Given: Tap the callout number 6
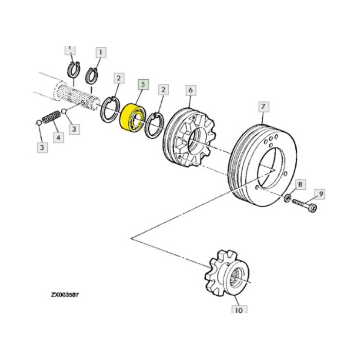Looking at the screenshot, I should coord(190,91).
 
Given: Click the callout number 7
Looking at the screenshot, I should coord(262,107).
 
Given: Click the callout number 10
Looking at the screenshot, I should coord(239,310).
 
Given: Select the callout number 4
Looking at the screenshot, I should coord(58,138).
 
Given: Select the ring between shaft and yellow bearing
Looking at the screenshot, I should coord(110,110).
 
